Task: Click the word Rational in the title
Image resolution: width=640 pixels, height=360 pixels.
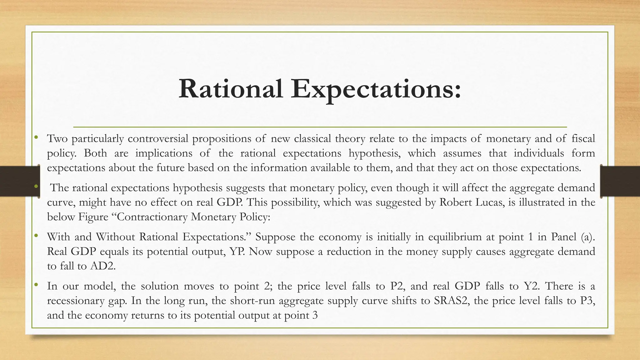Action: pyautogui.click(x=231, y=89)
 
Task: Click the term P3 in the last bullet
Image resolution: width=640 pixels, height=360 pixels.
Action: pyautogui.click(x=587, y=300)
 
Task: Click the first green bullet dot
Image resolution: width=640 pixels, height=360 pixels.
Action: pyautogui.click(x=36, y=137)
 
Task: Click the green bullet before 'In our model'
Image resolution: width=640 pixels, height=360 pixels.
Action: pyautogui.click(x=36, y=284)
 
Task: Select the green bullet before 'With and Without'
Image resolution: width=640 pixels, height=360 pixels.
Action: pyautogui.click(x=36, y=235)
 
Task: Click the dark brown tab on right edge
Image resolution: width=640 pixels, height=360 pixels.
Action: pyautogui.click(x=620, y=181)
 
